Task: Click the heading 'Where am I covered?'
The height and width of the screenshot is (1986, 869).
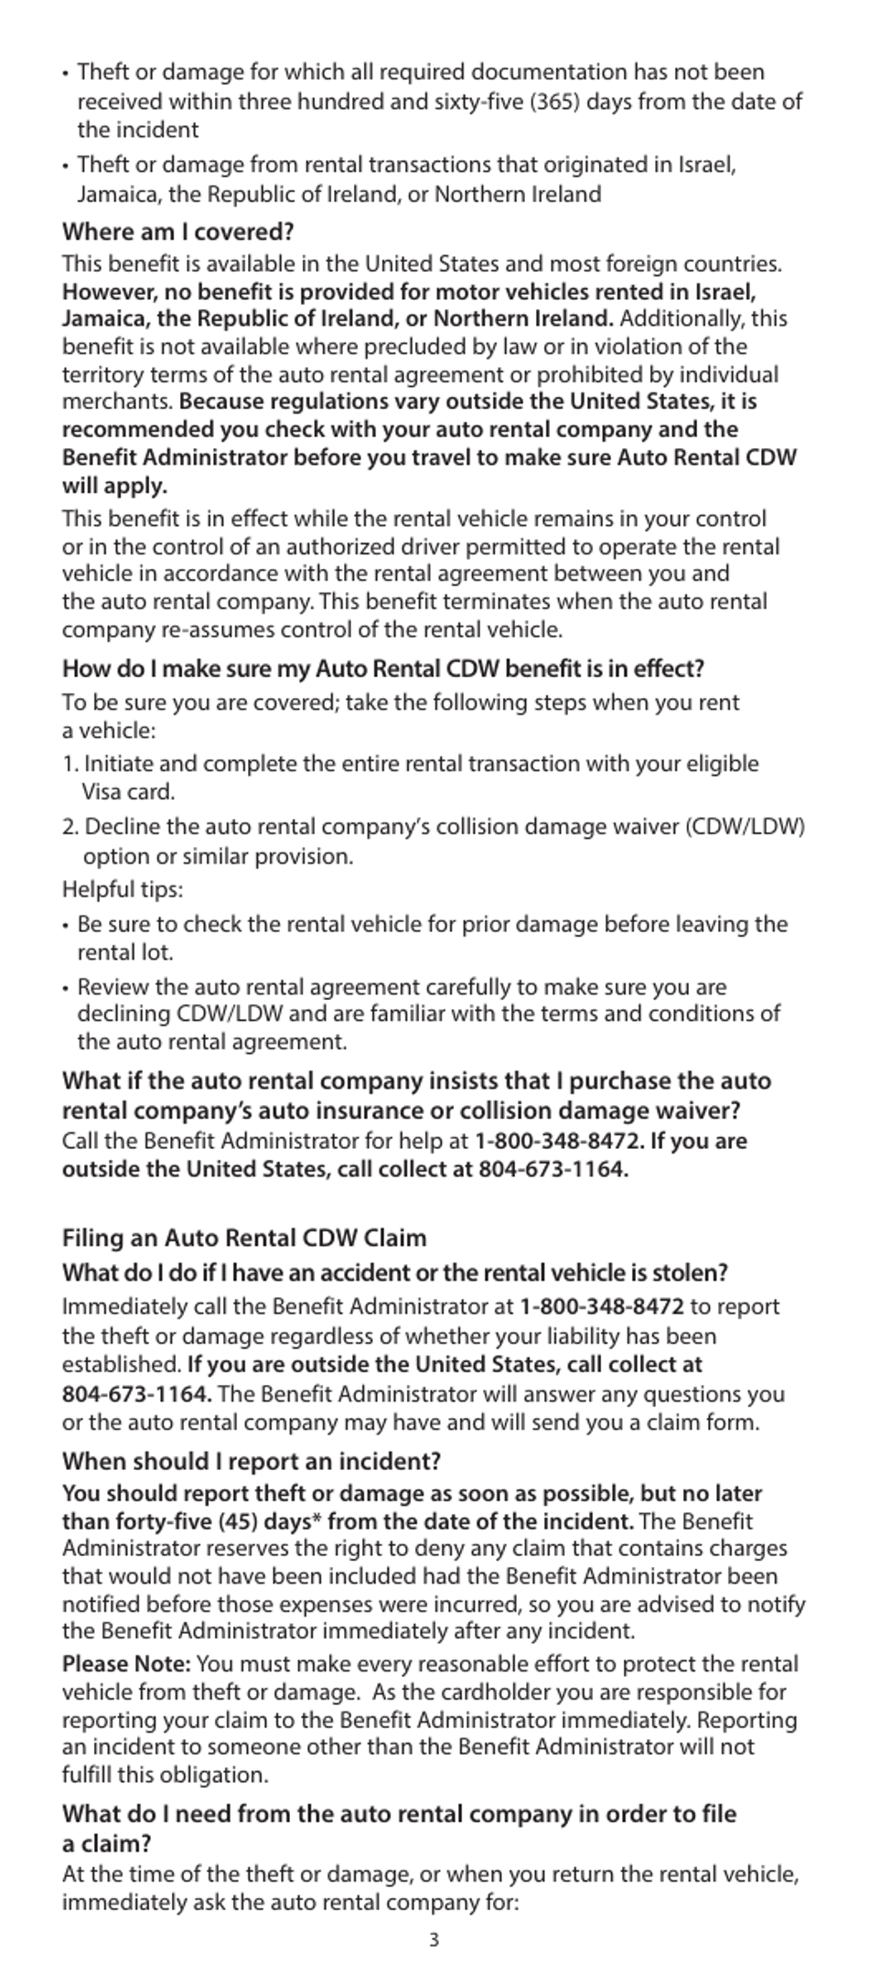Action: point(177,231)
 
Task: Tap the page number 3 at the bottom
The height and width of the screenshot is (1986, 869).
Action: point(434,1939)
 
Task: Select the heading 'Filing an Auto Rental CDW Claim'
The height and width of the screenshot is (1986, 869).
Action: point(244,1238)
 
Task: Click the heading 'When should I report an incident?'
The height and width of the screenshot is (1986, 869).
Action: point(251,1461)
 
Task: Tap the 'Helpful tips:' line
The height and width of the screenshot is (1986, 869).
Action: point(123,889)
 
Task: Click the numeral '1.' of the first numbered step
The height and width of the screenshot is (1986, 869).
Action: point(70,764)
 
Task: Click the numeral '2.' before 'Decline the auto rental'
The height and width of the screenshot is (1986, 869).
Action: point(70,827)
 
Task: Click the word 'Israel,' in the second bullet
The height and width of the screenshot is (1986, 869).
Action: point(707,165)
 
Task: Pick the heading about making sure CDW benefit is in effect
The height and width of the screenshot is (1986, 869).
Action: point(382,668)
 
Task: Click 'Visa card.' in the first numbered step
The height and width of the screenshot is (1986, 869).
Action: point(128,791)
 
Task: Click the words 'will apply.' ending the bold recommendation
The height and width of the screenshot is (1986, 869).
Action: point(114,485)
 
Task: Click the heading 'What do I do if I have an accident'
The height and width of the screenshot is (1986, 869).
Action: point(394,1272)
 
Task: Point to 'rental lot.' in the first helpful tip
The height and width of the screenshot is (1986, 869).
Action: point(124,952)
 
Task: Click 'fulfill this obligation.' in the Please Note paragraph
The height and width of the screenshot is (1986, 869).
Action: point(165,1775)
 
